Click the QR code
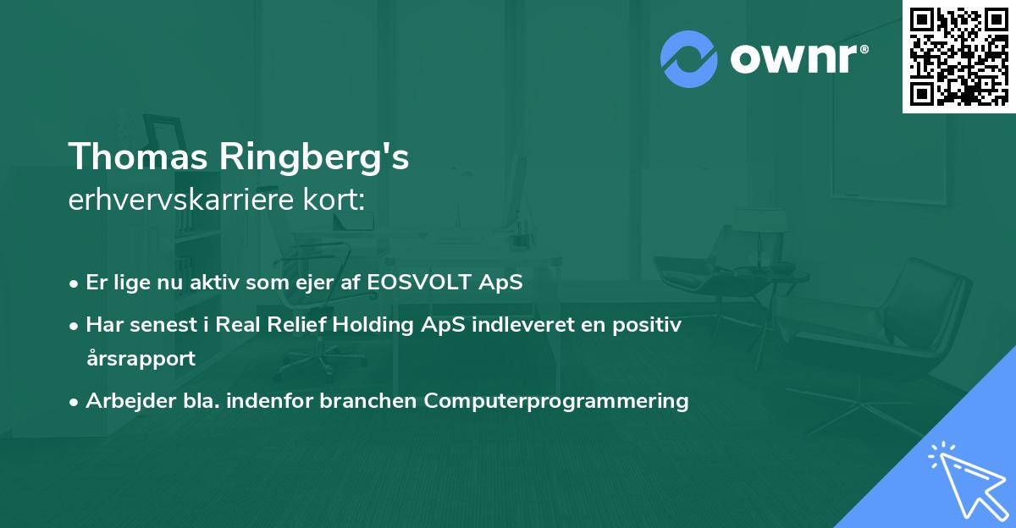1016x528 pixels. [958, 57]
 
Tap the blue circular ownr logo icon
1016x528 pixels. [689, 58]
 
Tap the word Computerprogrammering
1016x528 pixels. [556, 400]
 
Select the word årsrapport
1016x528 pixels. [141, 358]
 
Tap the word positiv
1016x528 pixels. [651, 325]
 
